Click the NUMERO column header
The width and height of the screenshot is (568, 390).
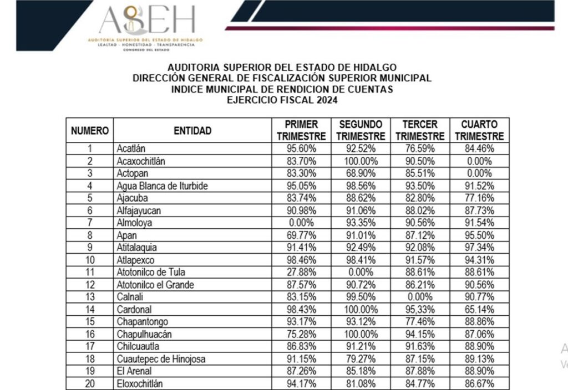[90, 131]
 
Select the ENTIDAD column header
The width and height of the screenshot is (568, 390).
[192, 131]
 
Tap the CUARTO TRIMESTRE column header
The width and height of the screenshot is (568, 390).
[479, 130]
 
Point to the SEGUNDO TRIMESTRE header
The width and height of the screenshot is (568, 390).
[361, 130]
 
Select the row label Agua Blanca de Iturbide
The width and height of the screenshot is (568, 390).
[162, 186]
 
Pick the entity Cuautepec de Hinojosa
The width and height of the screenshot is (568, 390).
[161, 359]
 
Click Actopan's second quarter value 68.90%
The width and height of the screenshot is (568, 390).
[361, 173]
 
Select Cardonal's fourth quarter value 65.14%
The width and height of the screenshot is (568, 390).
[479, 309]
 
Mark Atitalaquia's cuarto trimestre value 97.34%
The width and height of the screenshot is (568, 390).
[479, 248]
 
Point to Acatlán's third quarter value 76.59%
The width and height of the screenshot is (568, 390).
[420, 148]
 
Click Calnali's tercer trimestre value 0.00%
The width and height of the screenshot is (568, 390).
[420, 297]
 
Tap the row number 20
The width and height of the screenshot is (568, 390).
[90, 383]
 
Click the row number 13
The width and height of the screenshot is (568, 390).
[90, 297]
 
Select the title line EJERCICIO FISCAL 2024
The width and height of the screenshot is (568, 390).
[282, 100]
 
